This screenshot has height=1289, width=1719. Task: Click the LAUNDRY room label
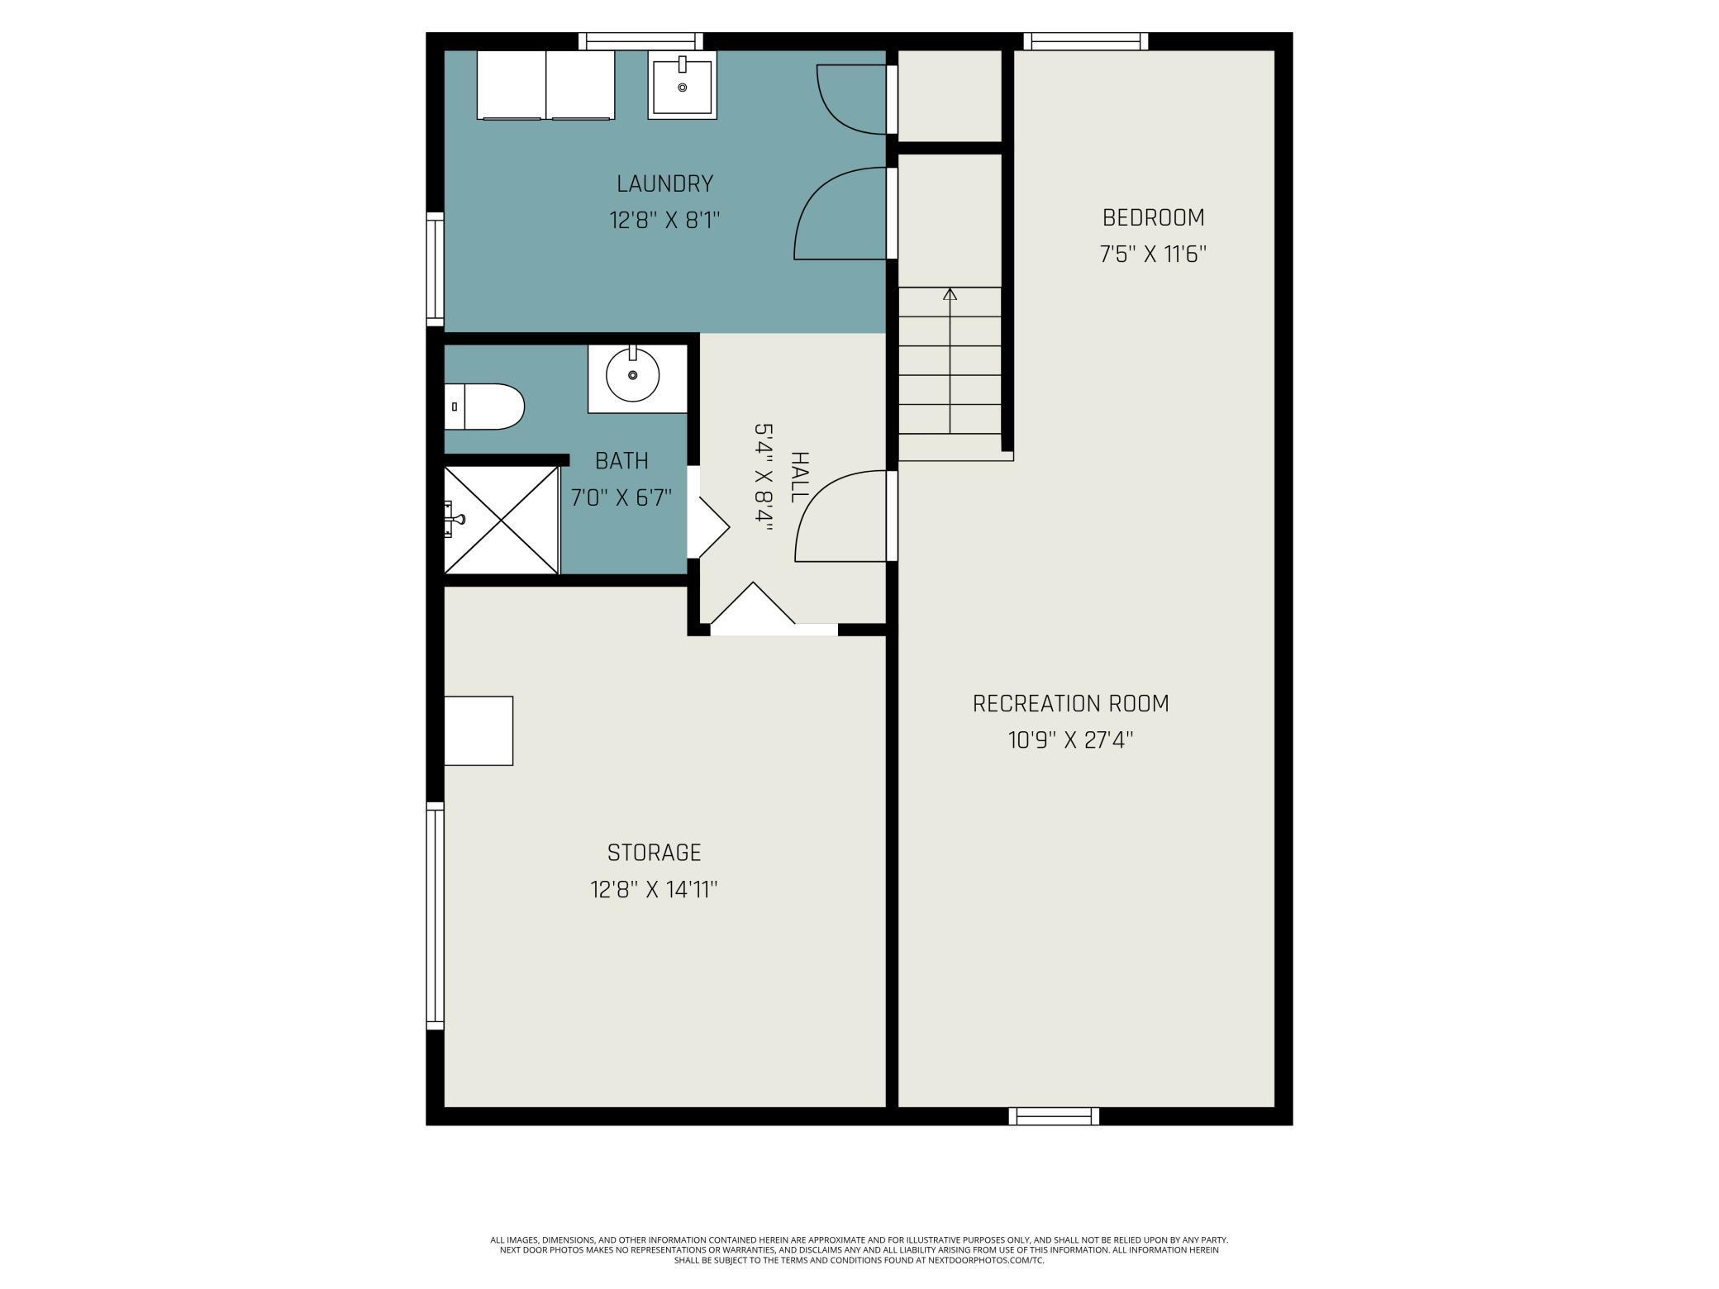pyautogui.click(x=664, y=183)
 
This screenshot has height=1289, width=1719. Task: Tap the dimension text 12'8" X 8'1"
pyautogui.click(x=664, y=221)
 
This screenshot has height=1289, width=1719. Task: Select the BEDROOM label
pyautogui.click(x=1153, y=218)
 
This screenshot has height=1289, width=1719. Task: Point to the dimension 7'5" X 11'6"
pyautogui.click(x=1153, y=254)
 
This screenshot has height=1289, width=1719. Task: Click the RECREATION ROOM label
pyautogui.click(x=1070, y=704)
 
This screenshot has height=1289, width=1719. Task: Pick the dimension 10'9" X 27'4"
pyautogui.click(x=1070, y=740)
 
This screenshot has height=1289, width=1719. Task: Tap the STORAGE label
pyautogui.click(x=654, y=853)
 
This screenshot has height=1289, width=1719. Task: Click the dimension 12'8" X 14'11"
pyautogui.click(x=654, y=890)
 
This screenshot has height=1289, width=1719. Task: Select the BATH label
pyautogui.click(x=621, y=461)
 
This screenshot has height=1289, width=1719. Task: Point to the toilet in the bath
pyautogui.click(x=484, y=407)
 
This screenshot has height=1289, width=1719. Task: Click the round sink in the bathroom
pyautogui.click(x=633, y=376)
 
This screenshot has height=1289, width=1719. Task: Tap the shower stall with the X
pyautogui.click(x=501, y=520)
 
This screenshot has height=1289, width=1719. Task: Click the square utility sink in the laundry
pyautogui.click(x=682, y=85)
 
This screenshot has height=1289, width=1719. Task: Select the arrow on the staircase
pyautogui.click(x=950, y=294)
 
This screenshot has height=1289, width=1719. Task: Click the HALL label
pyautogui.click(x=799, y=477)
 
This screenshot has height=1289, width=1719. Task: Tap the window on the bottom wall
pyautogui.click(x=1054, y=1116)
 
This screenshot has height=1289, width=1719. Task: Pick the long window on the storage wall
pyautogui.click(x=435, y=916)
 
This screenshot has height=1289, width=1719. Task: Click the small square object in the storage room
pyautogui.click(x=479, y=730)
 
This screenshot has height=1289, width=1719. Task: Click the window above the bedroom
pyautogui.click(x=1085, y=41)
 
